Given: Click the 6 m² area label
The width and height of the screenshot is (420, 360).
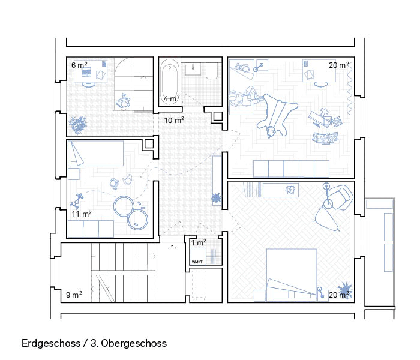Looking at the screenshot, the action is pos(79,65).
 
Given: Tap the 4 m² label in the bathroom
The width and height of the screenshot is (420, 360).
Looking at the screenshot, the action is pos(172,98).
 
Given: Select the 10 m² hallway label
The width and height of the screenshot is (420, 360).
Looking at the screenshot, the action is pos(174,120).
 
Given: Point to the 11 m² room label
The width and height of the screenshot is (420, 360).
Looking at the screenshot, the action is pos(82,214).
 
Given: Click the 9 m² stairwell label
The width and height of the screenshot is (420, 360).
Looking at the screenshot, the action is pos(74,295).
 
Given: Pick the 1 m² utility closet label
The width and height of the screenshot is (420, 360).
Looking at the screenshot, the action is pos(199,242).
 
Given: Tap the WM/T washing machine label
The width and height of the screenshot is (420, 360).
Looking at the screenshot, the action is pos(197,262).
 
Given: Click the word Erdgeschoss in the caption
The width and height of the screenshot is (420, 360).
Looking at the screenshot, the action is pos(51,343).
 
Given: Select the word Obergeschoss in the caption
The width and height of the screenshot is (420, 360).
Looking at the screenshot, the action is pos(134,343).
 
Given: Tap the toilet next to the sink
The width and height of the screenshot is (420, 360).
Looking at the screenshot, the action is pos(212,71).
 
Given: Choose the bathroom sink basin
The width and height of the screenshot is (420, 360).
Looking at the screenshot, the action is pos(193,69).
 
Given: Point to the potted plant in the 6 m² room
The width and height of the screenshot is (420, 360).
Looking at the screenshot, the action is pos(78,125).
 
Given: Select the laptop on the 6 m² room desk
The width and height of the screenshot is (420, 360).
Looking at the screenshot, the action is pos(86,72).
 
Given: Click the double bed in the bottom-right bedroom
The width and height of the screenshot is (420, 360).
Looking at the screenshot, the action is pos(292,275).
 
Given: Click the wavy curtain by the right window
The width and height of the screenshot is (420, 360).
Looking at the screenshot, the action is pos(349,88).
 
